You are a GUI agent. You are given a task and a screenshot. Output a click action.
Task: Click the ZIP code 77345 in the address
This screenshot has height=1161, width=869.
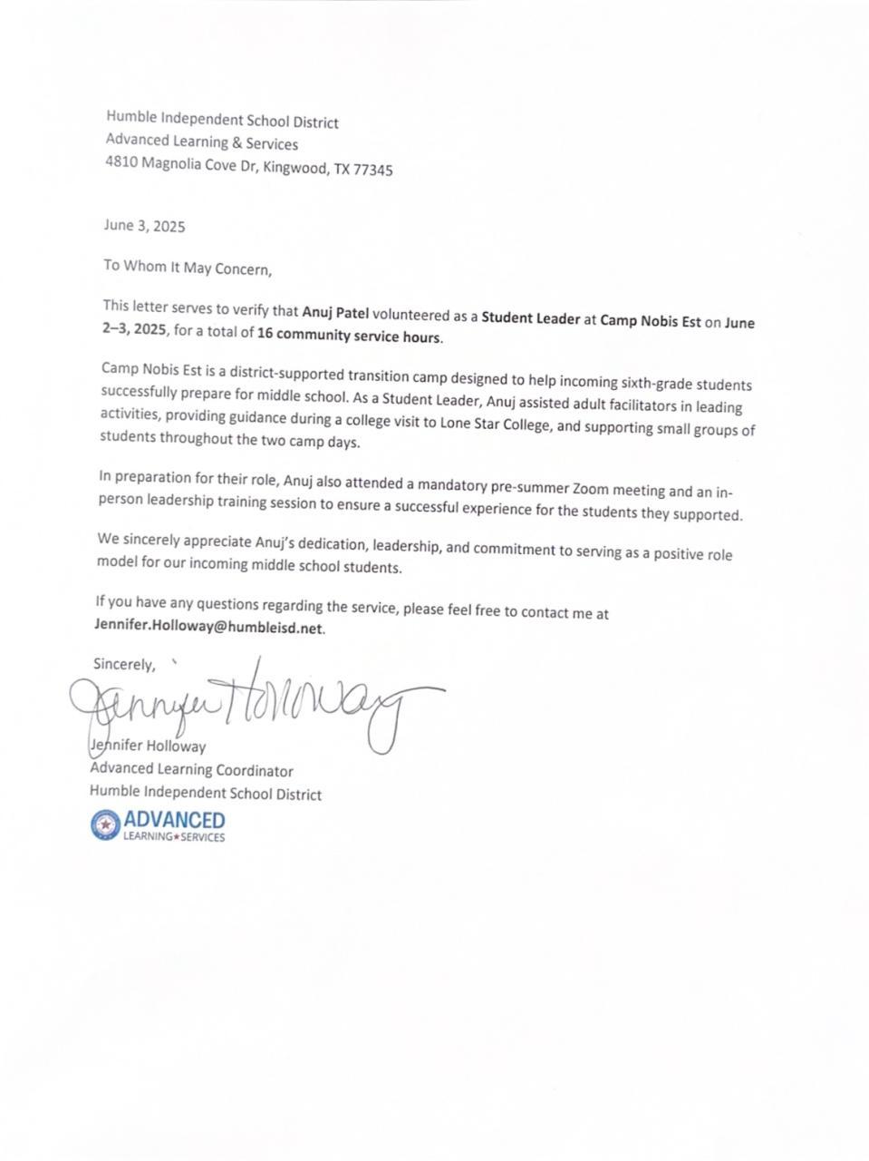pos(374,170)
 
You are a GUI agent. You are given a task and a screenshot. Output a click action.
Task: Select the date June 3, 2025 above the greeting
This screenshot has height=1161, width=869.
pos(144,226)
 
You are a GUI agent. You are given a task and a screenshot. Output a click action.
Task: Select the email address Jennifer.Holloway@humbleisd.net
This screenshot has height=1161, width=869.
pos(208,627)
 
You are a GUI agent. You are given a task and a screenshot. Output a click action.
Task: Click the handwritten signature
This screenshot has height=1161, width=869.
pos(254,708)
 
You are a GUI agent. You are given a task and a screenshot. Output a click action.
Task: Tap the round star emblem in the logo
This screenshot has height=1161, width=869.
pos(105,824)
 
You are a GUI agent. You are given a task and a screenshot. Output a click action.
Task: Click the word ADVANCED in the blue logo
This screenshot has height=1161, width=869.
pos(174,819)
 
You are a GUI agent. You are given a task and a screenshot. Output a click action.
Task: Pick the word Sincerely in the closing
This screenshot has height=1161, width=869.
pos(123,664)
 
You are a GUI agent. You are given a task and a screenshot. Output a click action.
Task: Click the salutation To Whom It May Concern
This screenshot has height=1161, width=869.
pos(187,267)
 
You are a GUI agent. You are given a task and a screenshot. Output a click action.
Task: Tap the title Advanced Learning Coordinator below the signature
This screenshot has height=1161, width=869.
pos(191,770)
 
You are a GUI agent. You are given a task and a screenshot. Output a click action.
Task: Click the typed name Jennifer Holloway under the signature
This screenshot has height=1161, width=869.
pos(150,746)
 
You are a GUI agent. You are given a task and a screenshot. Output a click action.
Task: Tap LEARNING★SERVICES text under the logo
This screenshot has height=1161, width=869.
pos(174,836)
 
